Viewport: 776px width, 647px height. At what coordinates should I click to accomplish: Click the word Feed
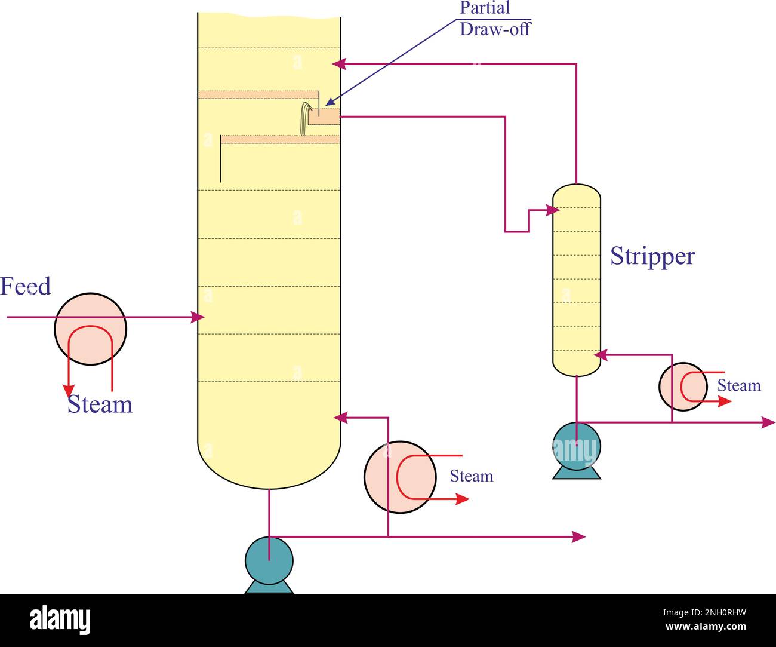pyautogui.click(x=26, y=286)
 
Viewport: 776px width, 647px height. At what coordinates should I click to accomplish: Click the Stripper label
pyautogui.click(x=652, y=256)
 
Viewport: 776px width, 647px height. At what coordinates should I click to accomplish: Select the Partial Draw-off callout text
pyautogui.click(x=494, y=19)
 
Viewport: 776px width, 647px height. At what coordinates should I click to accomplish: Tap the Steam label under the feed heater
pyautogui.click(x=100, y=404)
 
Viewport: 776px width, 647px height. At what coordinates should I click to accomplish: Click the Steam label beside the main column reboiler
pyautogui.click(x=471, y=476)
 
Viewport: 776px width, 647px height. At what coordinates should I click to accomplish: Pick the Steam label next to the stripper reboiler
pyautogui.click(x=738, y=386)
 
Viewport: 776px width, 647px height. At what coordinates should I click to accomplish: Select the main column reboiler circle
pyautogui.click(x=399, y=477)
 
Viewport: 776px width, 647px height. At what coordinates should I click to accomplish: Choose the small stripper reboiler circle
pyautogui.click(x=683, y=387)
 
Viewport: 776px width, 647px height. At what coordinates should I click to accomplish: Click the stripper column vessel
pyautogui.click(x=576, y=281)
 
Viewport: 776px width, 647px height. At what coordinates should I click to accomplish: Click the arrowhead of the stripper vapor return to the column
pyautogui.click(x=338, y=63)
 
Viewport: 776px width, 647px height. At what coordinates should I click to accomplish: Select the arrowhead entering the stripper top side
pyautogui.click(x=553, y=210)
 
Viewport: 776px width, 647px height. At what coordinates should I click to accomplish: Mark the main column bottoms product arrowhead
pyautogui.click(x=579, y=536)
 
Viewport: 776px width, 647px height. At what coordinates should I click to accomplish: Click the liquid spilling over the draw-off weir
pyautogui.click(x=305, y=118)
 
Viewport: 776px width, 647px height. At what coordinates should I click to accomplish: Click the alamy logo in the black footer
pyautogui.click(x=60, y=620)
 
